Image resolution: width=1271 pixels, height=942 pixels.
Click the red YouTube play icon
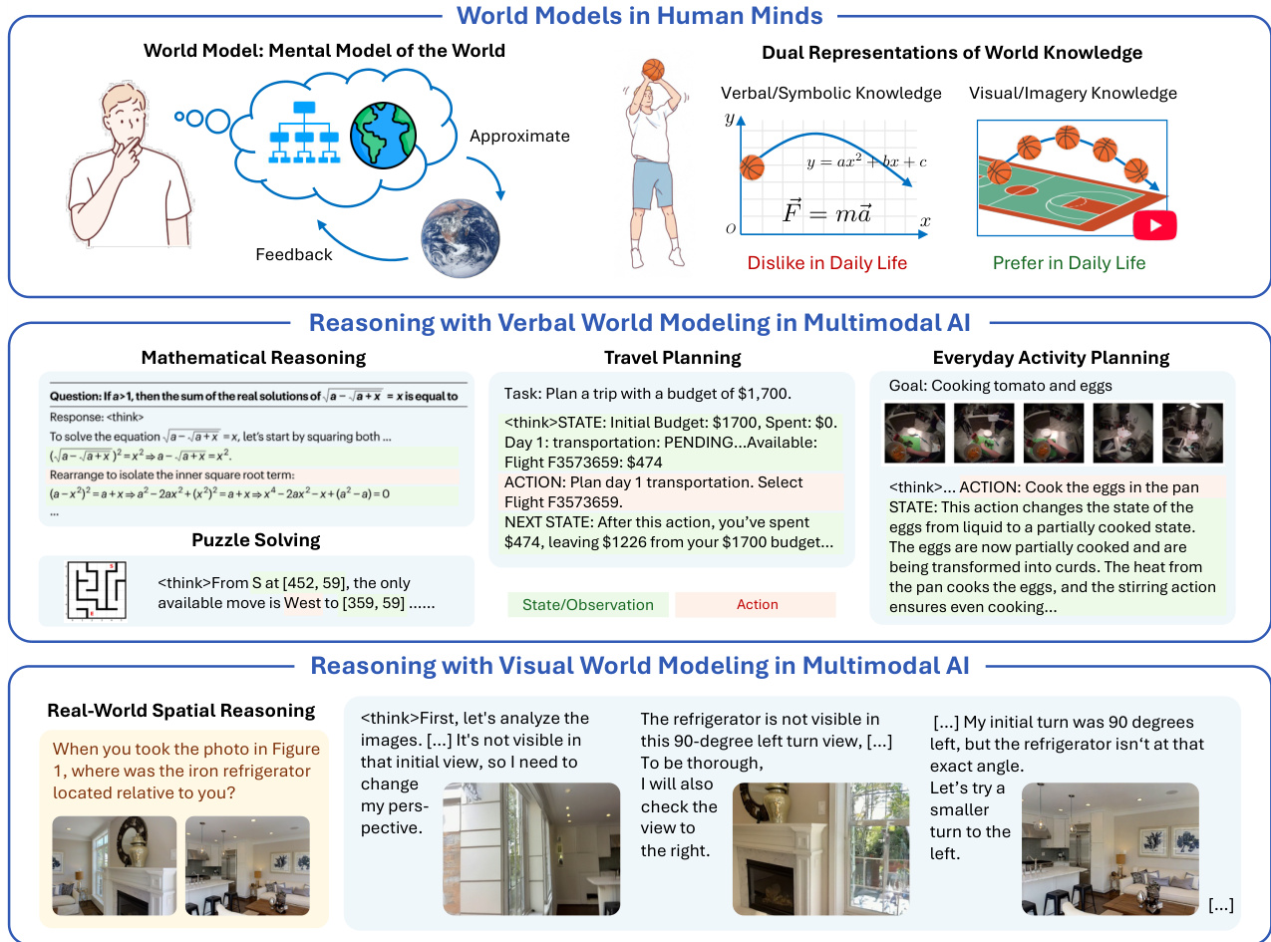coord(1154,225)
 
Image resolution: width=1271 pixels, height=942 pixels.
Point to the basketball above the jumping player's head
coord(653,69)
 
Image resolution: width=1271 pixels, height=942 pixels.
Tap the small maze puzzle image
coord(98,592)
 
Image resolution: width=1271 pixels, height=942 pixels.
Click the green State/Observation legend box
coord(588,604)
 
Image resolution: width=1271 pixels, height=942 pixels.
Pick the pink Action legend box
coord(757,604)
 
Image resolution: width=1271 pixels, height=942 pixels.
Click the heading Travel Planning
coord(672,357)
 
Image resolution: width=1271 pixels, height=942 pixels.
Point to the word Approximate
coord(519,137)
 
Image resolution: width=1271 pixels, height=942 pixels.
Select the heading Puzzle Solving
coord(256,540)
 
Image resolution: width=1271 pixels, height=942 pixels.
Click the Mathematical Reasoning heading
coord(253,357)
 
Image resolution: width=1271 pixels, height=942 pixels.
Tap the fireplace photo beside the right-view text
coord(820,848)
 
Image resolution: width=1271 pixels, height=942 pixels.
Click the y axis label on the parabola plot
coord(730,119)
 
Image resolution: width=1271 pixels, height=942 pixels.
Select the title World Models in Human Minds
coord(640,16)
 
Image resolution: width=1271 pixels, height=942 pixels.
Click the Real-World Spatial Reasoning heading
coord(181,711)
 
